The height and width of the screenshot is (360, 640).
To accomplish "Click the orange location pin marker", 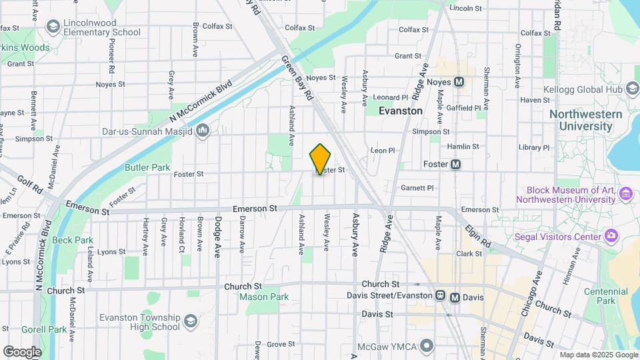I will [320, 159].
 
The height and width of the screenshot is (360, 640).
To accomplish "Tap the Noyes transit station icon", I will [459, 82].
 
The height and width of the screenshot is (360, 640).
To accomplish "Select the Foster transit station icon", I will [456, 165].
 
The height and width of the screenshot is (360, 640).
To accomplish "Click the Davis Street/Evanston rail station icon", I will [440, 296].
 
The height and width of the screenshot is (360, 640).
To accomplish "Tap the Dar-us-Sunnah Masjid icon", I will [203, 130].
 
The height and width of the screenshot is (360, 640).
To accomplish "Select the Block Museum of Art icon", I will [625, 194].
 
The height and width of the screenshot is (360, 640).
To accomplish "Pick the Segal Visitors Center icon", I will [610, 236].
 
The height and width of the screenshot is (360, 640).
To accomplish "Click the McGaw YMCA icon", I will [427, 345].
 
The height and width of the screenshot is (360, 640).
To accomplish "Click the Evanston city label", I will [400, 111].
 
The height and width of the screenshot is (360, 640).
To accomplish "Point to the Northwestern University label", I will [585, 120].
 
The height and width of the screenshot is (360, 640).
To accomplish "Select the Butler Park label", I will [147, 168].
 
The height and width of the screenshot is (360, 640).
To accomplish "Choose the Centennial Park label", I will [601, 297].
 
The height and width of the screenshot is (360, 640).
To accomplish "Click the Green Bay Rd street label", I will [297, 78].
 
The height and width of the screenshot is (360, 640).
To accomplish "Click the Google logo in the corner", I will [22, 351].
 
